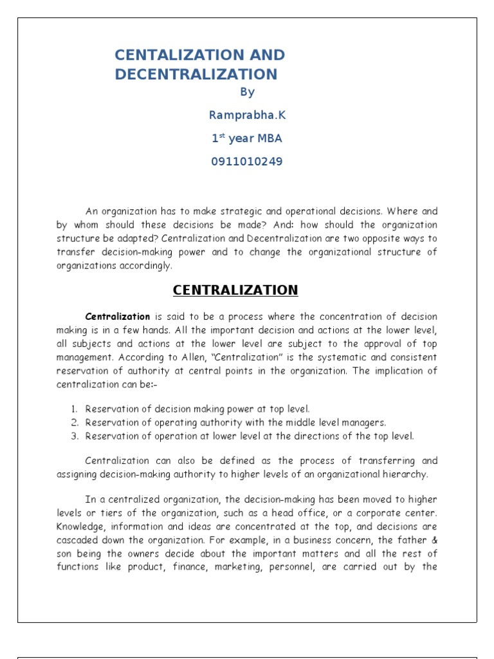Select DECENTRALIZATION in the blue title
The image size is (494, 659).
196,75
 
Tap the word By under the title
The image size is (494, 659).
247,93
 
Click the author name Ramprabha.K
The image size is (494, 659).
247,115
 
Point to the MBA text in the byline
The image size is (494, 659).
265,138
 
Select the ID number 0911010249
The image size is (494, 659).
247,162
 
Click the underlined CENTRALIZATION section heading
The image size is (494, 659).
235,290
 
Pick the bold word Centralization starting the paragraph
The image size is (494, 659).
118,317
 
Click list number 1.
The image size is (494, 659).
75,409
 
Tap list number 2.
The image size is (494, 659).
75,423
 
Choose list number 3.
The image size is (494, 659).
75,436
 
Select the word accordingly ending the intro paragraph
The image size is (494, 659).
147,265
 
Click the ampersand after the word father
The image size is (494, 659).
434,540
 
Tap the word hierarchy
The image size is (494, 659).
406,475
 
